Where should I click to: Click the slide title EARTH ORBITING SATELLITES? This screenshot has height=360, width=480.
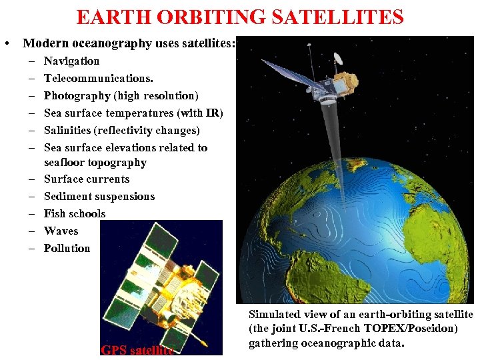240,17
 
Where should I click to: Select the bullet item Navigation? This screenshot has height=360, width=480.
71,61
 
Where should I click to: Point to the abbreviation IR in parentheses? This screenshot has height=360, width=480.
213,113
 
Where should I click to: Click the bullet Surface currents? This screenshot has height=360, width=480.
87,179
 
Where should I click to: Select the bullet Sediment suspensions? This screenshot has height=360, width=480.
99,197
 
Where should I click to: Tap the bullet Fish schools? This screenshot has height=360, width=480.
75,214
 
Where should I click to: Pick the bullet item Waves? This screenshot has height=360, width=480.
61,231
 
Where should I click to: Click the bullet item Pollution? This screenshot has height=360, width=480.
67,249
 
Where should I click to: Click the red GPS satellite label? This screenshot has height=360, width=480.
137,350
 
